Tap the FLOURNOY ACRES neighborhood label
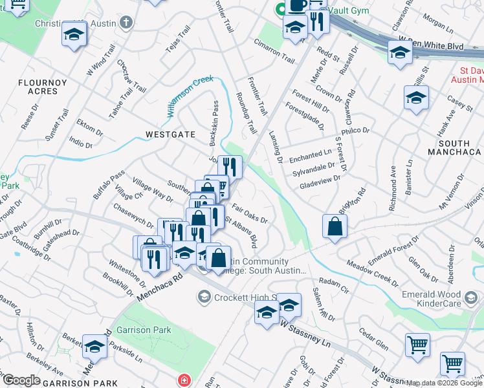38,87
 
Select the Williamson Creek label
190,96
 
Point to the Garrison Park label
144,330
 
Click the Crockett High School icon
204,296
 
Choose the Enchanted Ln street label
311,156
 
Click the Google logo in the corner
22,380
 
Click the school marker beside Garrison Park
95,348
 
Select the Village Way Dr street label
148,188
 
